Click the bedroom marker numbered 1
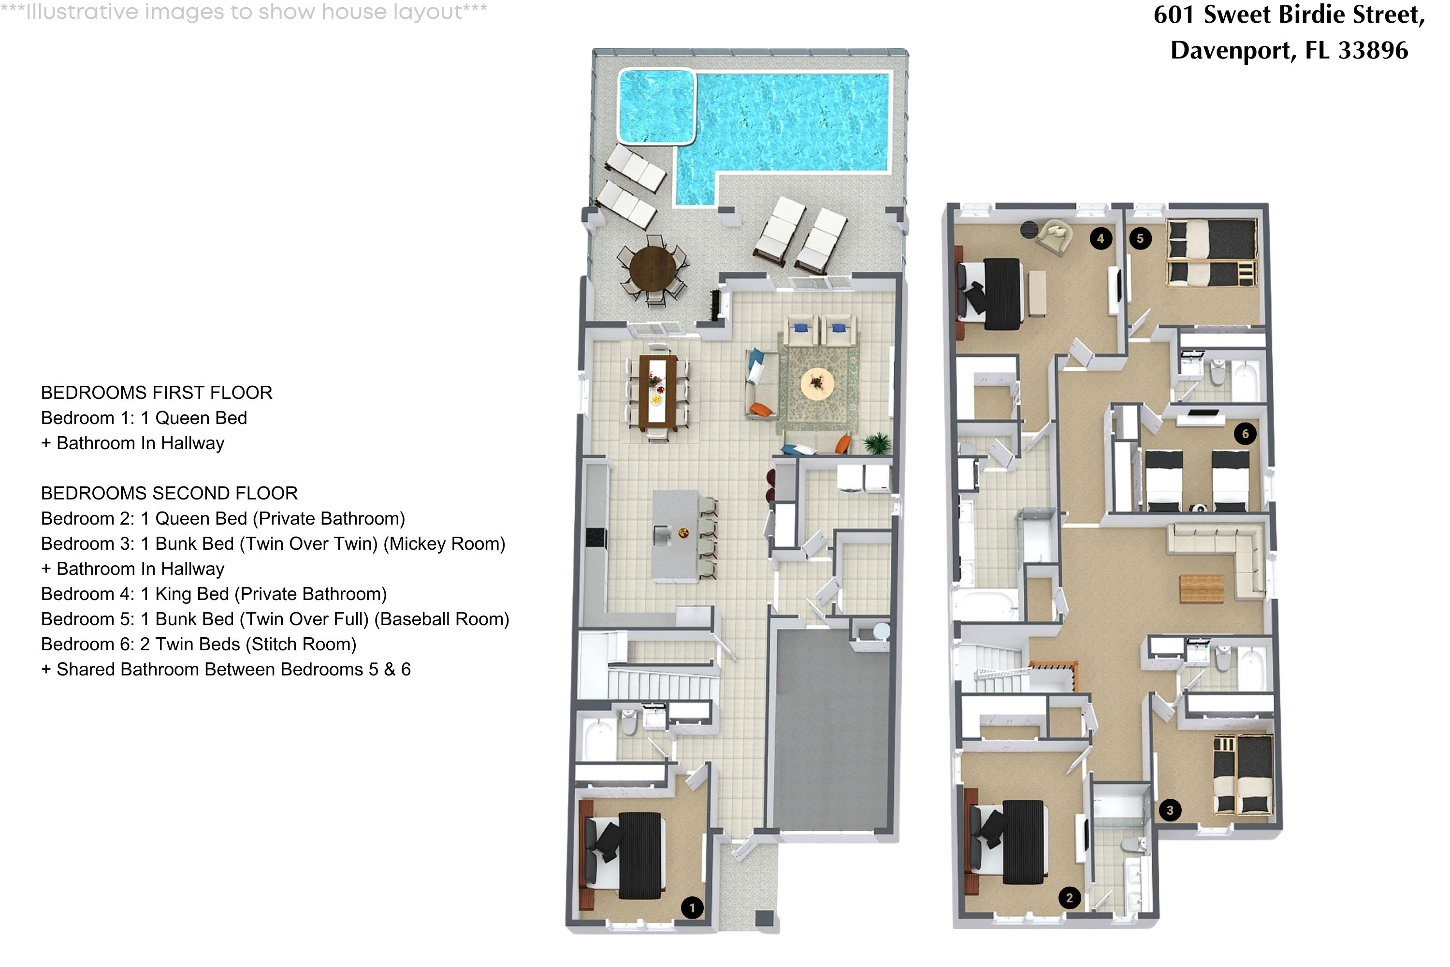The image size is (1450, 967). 692,908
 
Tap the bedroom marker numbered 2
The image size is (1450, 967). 1069,898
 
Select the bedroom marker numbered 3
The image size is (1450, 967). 1170,810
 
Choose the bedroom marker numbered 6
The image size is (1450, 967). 1245,434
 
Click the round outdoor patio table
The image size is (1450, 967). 653,268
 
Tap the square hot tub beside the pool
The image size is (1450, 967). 656,106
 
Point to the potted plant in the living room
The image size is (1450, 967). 877,443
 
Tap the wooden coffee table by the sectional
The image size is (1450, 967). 1202,588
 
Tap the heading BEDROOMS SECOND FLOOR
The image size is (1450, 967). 169,493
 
